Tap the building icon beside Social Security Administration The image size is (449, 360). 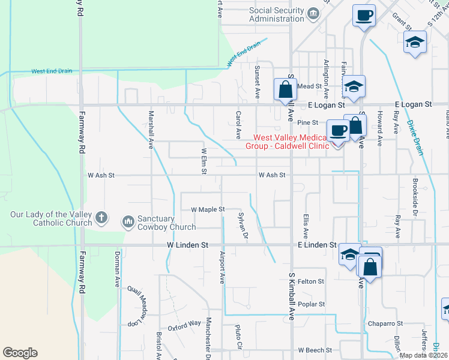click(x=312, y=13)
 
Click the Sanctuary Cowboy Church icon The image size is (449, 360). click(x=128, y=223)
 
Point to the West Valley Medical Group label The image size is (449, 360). click(x=288, y=142)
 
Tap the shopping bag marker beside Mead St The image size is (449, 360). click(x=285, y=90)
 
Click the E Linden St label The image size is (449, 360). click(x=316, y=245)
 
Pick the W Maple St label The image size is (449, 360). click(x=207, y=210)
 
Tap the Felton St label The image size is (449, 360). click(x=310, y=281)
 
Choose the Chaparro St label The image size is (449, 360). click(x=385, y=323)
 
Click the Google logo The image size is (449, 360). click(x=20, y=353)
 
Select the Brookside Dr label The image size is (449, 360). click(x=415, y=192)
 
